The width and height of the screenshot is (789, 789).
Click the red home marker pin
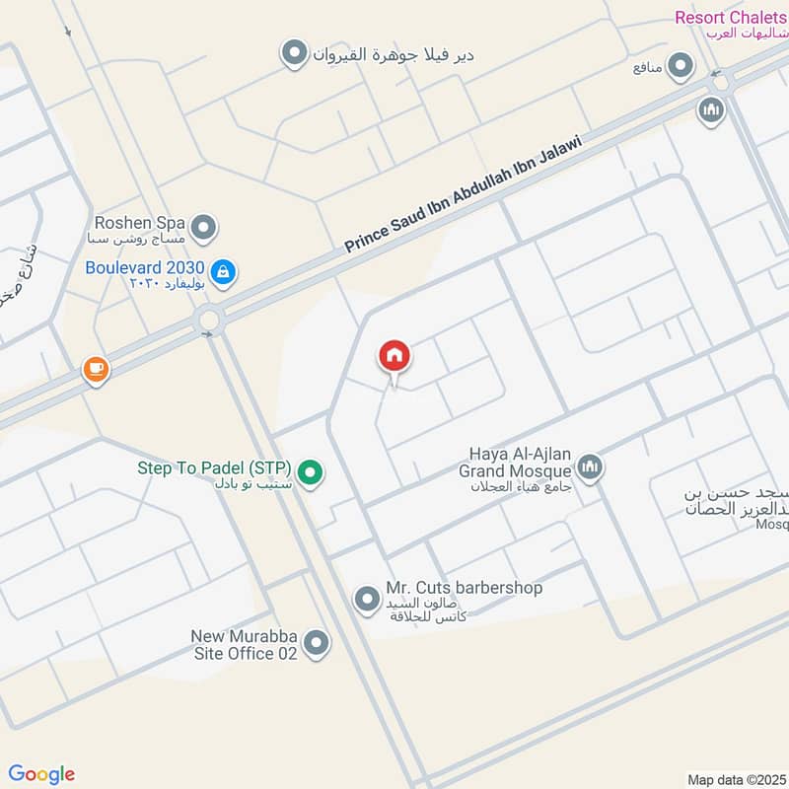click(394, 356)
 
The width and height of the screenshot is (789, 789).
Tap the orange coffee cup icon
click(96, 370)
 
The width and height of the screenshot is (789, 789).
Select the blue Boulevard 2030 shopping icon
click(224, 271)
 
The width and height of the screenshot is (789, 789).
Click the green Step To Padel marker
click(312, 474)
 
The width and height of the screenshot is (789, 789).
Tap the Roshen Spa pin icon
click(204, 229)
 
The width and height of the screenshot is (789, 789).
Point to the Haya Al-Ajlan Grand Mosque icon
click(590, 466)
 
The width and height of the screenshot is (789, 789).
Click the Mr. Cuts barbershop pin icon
click(367, 599)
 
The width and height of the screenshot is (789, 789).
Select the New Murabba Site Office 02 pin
click(317, 643)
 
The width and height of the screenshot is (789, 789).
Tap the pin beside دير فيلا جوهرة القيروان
click(293, 54)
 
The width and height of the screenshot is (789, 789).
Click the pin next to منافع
click(680, 67)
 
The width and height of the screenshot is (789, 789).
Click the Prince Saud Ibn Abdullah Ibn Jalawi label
click(464, 194)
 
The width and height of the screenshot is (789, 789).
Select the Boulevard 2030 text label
click(145, 267)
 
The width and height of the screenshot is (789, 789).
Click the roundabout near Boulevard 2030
click(209, 320)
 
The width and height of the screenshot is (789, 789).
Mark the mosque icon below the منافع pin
click(710, 111)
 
